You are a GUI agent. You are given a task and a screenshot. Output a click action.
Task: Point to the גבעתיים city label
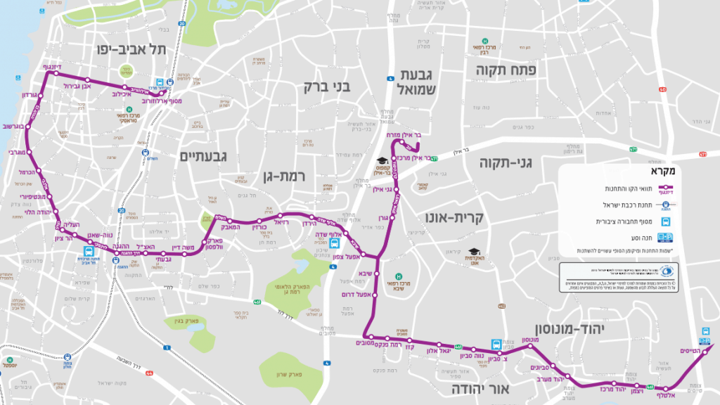point(205,156)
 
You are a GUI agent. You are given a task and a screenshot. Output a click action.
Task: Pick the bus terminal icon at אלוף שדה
point(335,244)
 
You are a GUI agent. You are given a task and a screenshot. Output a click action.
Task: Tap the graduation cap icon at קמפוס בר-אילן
point(382,161)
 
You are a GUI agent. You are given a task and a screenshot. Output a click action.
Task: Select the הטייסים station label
point(690,350)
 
